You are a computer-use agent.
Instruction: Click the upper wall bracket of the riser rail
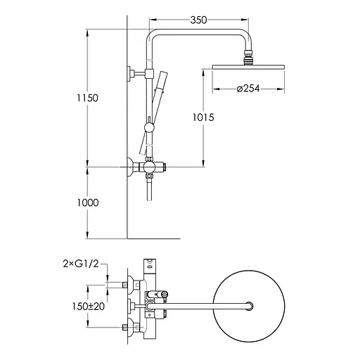pyautogui.click(x=134, y=72)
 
